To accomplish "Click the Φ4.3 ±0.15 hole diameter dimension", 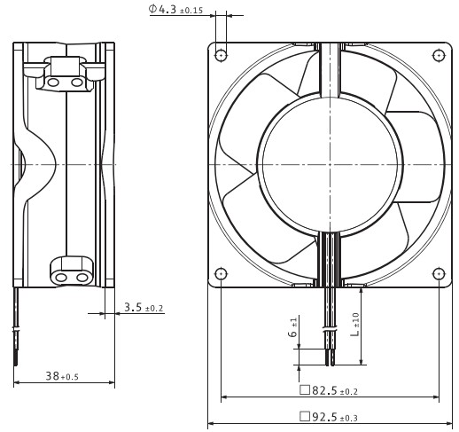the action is pos(175,9).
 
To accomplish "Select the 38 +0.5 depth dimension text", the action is pos(62,376).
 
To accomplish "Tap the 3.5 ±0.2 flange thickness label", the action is pos(144,308).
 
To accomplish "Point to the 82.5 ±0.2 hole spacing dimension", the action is pos(329,390).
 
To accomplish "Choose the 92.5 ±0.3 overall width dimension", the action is pos(329,417).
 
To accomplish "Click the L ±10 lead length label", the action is pos(355,325).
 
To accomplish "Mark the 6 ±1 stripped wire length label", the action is pos(292,327).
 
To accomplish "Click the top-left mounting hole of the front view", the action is pos(221,55).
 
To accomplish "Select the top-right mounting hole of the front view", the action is pos(439,55).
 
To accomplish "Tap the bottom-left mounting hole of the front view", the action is pos(221,274).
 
